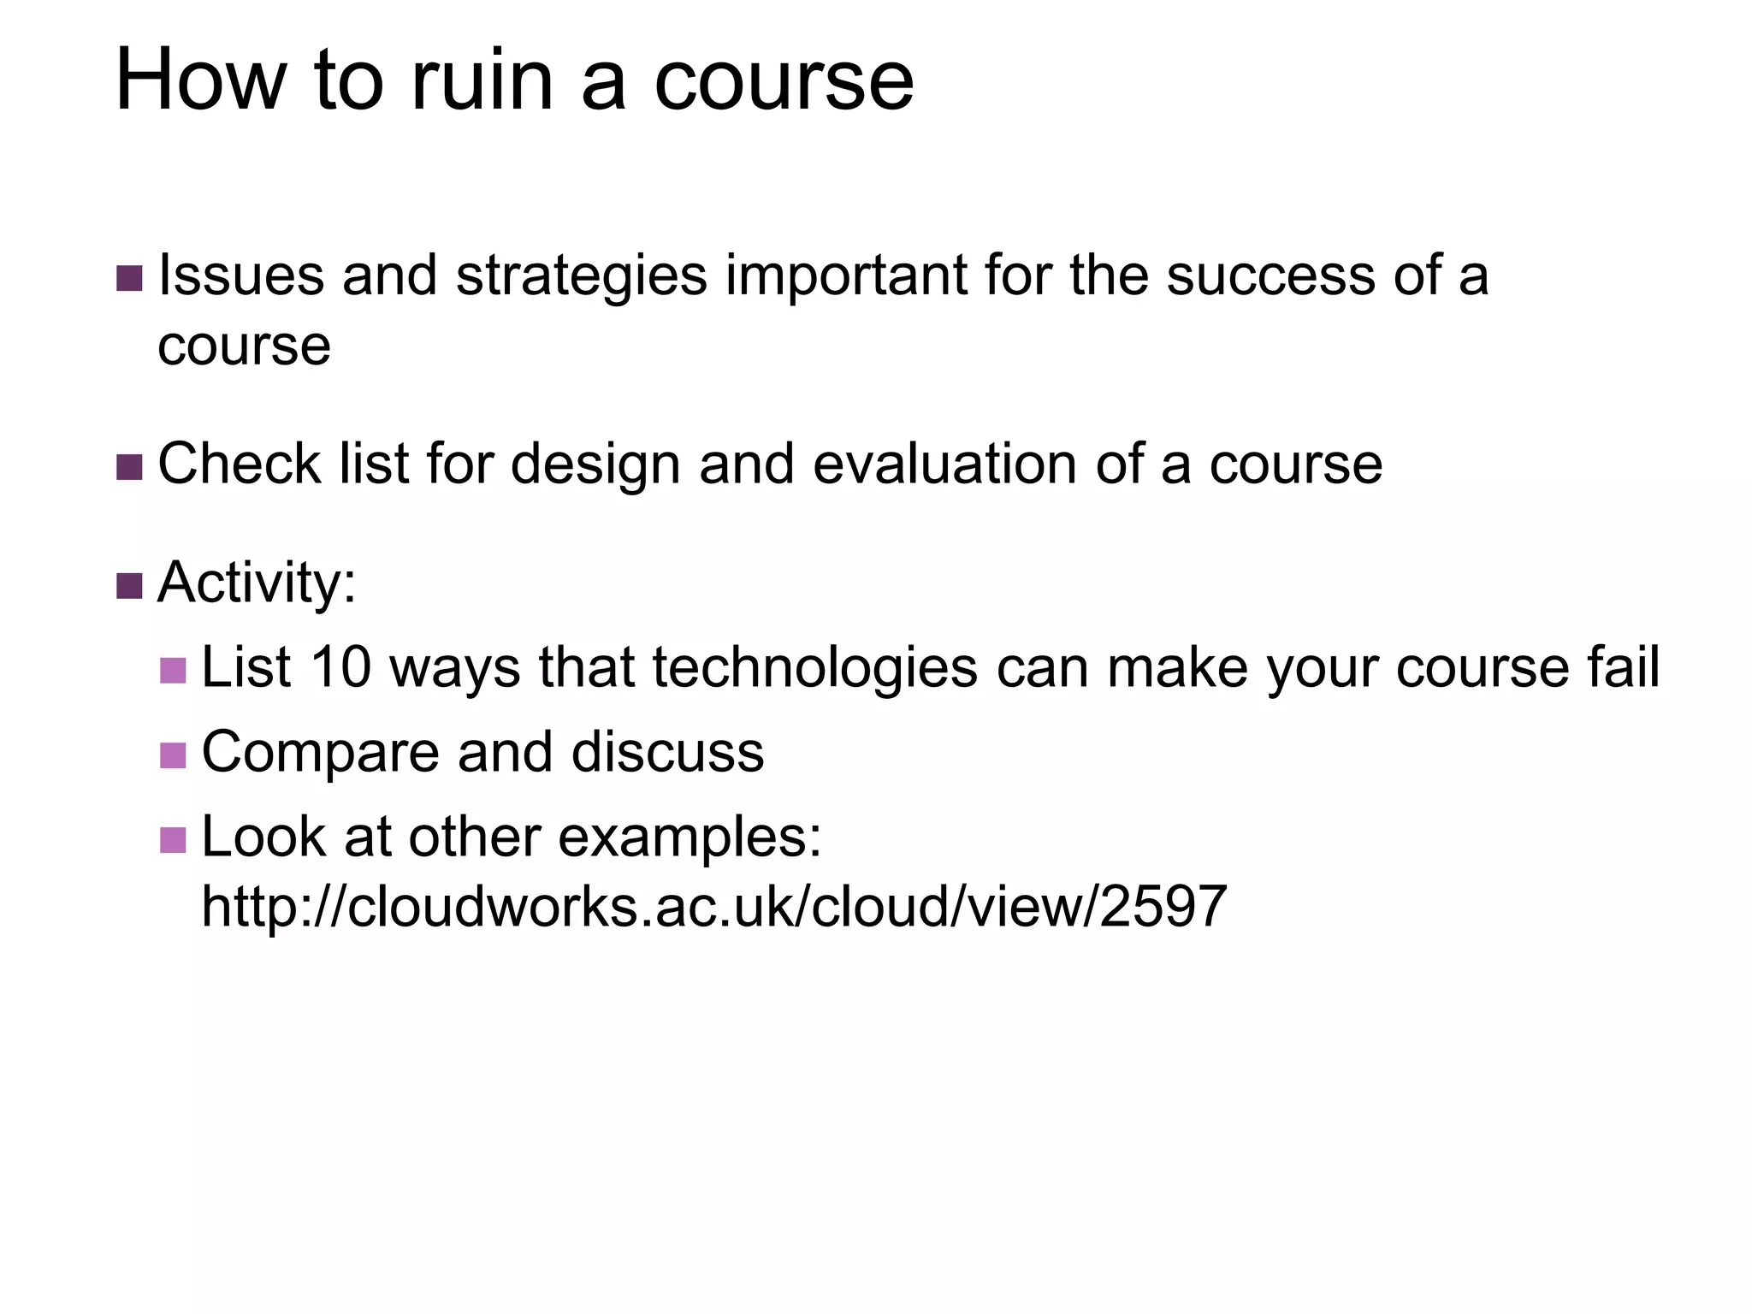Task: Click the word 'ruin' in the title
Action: (482, 81)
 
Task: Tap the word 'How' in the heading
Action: (200, 81)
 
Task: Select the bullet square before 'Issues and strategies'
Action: (129, 278)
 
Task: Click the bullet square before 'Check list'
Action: (129, 467)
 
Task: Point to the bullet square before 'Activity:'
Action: (129, 586)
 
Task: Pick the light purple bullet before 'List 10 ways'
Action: (173, 670)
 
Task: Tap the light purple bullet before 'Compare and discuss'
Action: (173, 755)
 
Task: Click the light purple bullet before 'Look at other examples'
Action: (173, 839)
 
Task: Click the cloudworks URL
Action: (714, 907)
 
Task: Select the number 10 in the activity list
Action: (340, 667)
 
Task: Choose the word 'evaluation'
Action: (945, 465)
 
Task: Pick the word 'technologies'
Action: (814, 668)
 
